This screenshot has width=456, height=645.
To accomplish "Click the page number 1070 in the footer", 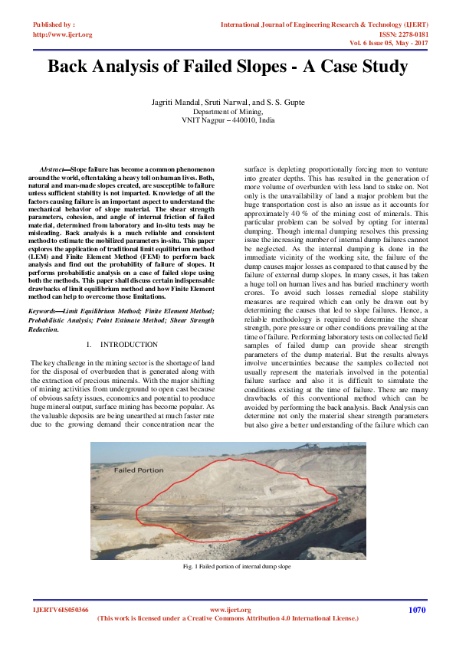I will click(416, 610).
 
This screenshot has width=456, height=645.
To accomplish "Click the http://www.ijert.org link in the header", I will click(62, 34).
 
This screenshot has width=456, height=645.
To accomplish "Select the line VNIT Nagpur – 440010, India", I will click(228, 120).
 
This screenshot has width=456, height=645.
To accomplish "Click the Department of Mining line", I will click(228, 112).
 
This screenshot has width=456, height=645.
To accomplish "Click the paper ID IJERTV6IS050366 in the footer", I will click(61, 610).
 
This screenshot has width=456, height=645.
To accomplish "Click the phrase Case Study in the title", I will click(363, 67).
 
